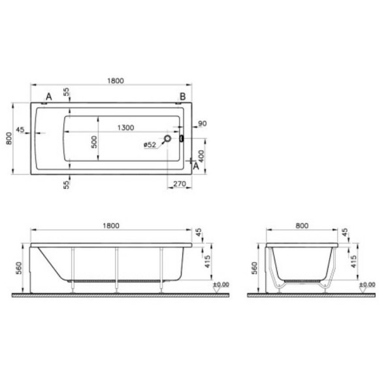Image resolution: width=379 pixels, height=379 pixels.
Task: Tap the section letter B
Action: coord(183,97)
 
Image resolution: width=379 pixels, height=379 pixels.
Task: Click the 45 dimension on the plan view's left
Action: coord(20,130)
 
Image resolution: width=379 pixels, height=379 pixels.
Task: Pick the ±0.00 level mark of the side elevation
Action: coord(222,284)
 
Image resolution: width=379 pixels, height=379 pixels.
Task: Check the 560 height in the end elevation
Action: coord(254,268)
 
